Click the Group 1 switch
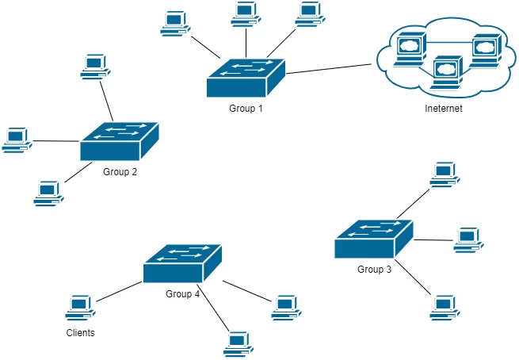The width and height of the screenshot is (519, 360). pos(246,76)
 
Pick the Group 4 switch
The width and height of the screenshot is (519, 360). pos(183,264)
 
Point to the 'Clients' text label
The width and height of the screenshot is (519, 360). pos(80,333)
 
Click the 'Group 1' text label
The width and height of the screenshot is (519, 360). pos(245,109)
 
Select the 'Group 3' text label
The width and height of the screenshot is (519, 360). pos(374,270)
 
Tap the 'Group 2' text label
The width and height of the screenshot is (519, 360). pos(120,172)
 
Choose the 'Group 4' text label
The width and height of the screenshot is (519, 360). pos(183,294)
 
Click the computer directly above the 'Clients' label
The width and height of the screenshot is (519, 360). pos(79,308)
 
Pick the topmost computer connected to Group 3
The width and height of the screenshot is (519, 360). pos(444,174)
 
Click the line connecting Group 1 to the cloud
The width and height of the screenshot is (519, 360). pos(329,67)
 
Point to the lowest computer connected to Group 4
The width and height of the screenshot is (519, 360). pos(237,342)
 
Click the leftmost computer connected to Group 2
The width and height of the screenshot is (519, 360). pos(16,140)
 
